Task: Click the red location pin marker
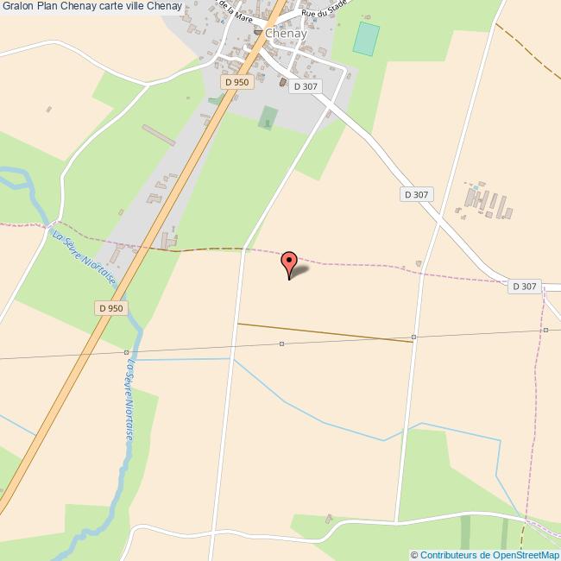click(x=289, y=262)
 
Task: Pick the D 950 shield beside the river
click(x=110, y=307)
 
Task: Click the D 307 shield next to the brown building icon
click(x=306, y=86)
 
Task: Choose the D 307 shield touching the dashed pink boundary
click(x=524, y=287)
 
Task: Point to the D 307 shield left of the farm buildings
click(x=416, y=194)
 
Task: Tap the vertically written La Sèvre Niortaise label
click(x=129, y=400)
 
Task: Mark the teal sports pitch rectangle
click(x=366, y=38)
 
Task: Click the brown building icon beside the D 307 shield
click(x=282, y=83)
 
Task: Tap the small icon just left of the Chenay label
click(x=257, y=33)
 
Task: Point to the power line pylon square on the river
click(x=126, y=352)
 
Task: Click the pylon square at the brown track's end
click(x=414, y=337)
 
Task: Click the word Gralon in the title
click(x=18, y=7)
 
